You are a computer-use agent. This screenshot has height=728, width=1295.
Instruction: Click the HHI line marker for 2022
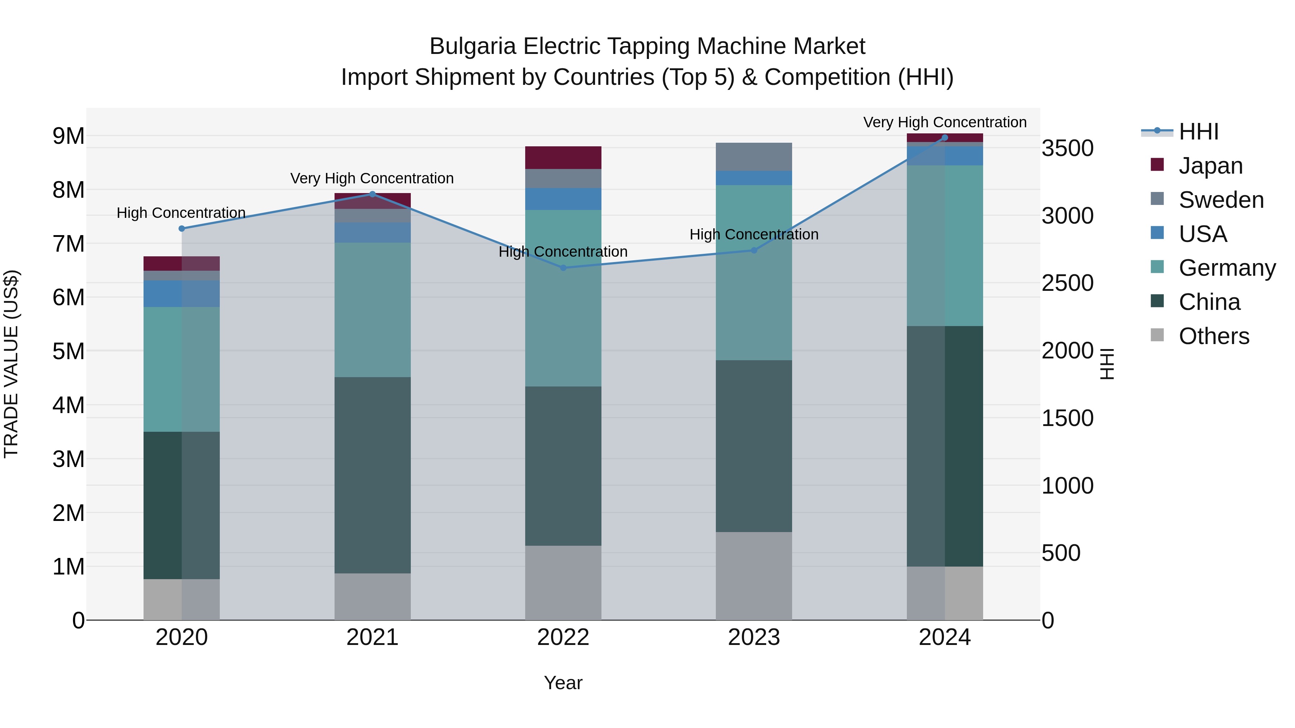(563, 268)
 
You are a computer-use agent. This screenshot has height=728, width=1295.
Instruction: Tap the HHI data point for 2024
(945, 138)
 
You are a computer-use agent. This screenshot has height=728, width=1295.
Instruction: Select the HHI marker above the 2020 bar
(182, 229)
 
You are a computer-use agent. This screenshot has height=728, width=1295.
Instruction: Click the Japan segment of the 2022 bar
(563, 158)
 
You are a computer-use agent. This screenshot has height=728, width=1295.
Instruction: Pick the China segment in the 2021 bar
(373, 475)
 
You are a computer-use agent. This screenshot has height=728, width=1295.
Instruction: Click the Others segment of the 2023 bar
(754, 576)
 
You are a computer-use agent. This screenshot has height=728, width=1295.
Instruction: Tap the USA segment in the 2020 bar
(182, 293)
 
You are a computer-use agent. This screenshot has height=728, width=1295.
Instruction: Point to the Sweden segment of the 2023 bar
(754, 157)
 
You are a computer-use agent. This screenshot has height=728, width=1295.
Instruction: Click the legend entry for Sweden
(1221, 200)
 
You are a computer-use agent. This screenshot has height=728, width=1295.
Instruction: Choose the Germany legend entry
(1227, 268)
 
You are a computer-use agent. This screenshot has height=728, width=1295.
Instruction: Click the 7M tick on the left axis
(69, 244)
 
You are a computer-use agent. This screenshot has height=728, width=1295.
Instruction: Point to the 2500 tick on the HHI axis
(1067, 283)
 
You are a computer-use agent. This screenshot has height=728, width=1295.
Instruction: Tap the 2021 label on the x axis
(373, 637)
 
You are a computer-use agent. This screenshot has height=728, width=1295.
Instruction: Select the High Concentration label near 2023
(754, 235)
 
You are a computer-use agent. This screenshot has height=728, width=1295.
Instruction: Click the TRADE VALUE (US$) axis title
(11, 364)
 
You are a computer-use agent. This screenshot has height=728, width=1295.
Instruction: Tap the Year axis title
(563, 683)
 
